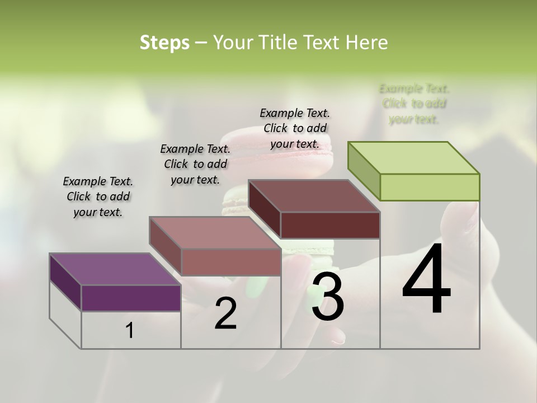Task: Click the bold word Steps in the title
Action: pyautogui.click(x=164, y=43)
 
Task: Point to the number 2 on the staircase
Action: pyautogui.click(x=225, y=313)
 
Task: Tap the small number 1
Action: pyautogui.click(x=130, y=331)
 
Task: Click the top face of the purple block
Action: pyautogui.click(x=114, y=269)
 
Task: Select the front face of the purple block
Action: pyautogui.click(x=131, y=298)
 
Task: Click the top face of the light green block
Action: pyautogui.click(x=413, y=157)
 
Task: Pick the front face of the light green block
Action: pyautogui.click(x=430, y=187)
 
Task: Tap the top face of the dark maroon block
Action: pyautogui.click(x=314, y=195)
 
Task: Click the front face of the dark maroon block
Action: pyautogui.click(x=330, y=225)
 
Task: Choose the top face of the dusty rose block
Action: pyautogui.click(x=214, y=232)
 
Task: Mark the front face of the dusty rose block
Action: pyautogui.click(x=231, y=262)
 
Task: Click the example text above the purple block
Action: pyautogui.click(x=98, y=196)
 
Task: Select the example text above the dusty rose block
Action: pyautogui.click(x=195, y=164)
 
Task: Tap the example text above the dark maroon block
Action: pyautogui.click(x=295, y=128)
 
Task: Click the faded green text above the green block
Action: pyautogui.click(x=414, y=104)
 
